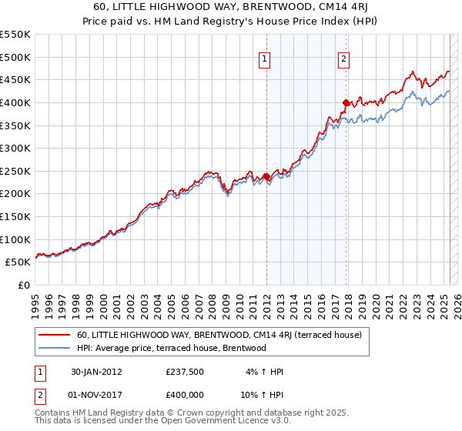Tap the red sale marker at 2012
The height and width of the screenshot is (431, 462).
(266, 177)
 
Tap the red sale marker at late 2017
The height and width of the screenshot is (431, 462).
(346, 102)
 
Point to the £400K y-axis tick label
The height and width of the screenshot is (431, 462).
(15, 102)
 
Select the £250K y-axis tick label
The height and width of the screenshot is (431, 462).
(15, 171)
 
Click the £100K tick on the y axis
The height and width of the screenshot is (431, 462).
(15, 239)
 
